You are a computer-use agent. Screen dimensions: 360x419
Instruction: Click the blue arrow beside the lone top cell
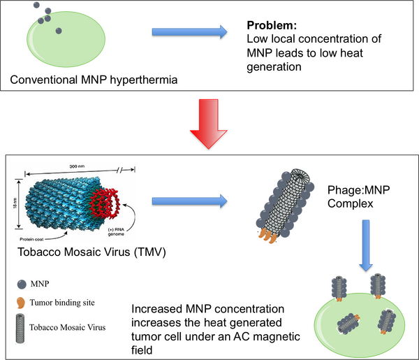(x=189, y=31)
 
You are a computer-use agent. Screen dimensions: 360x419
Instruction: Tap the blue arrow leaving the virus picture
(x=189, y=200)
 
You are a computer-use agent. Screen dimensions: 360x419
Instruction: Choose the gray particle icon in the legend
(x=22, y=282)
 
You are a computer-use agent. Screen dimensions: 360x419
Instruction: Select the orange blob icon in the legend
(x=22, y=302)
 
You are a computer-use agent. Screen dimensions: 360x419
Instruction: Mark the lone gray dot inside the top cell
(x=59, y=31)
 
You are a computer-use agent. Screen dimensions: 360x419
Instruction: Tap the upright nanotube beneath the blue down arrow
(x=378, y=285)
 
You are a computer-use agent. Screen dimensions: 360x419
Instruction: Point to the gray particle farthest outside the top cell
(x=36, y=6)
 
